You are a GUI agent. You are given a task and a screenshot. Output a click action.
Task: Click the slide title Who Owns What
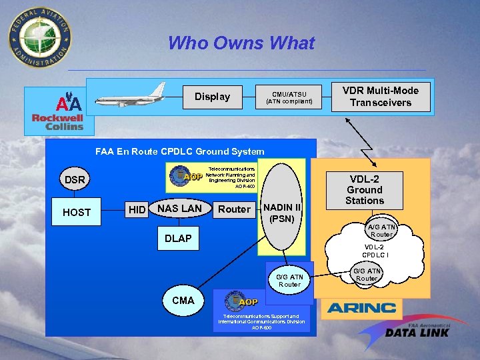click(x=241, y=44)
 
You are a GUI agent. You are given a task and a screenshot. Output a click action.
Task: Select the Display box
click(x=212, y=97)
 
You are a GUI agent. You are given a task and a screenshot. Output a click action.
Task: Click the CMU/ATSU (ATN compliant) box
click(x=289, y=97)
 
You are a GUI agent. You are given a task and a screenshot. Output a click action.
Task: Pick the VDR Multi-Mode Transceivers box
click(x=381, y=97)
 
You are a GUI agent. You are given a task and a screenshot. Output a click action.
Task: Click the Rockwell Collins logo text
click(x=58, y=122)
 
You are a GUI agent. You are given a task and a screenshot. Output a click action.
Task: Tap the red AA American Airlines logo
click(x=69, y=103)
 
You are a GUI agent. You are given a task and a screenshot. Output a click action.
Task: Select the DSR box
click(x=75, y=180)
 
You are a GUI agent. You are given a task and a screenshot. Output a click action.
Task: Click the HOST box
click(x=77, y=212)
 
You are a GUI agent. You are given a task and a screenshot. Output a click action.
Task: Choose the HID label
click(x=137, y=210)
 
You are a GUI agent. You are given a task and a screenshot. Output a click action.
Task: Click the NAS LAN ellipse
click(x=179, y=209)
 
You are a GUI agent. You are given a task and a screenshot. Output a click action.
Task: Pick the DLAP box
click(x=178, y=239)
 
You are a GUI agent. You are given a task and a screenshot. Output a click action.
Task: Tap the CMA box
click(x=183, y=300)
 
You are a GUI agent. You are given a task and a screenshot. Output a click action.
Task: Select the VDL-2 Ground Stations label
click(x=365, y=190)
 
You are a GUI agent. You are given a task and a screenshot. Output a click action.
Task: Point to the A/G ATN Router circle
click(x=381, y=230)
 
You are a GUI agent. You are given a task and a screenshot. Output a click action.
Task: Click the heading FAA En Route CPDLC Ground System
click(x=179, y=151)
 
